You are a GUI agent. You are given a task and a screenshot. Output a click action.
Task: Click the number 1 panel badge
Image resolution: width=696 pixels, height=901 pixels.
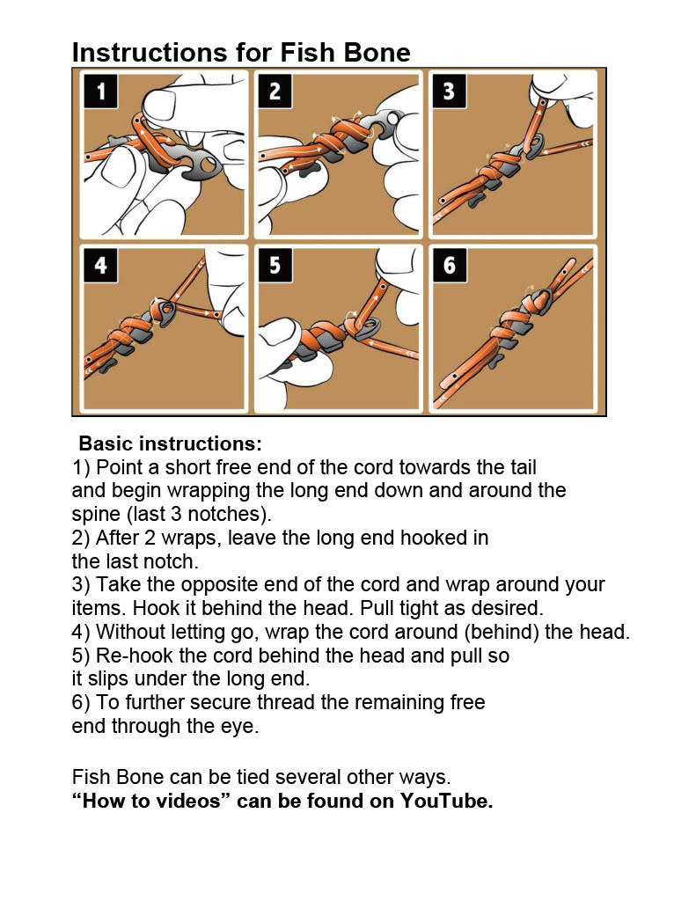(101, 92)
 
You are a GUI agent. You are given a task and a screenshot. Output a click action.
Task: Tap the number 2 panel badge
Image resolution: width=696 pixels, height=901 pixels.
(275, 92)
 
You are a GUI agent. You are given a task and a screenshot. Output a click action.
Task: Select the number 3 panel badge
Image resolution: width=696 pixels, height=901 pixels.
(449, 92)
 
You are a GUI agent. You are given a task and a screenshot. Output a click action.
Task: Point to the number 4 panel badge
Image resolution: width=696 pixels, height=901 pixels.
(101, 265)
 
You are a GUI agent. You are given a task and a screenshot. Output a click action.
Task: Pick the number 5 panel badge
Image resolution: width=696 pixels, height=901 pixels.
(275, 265)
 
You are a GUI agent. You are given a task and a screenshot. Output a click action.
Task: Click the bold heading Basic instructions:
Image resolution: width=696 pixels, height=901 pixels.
(171, 443)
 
